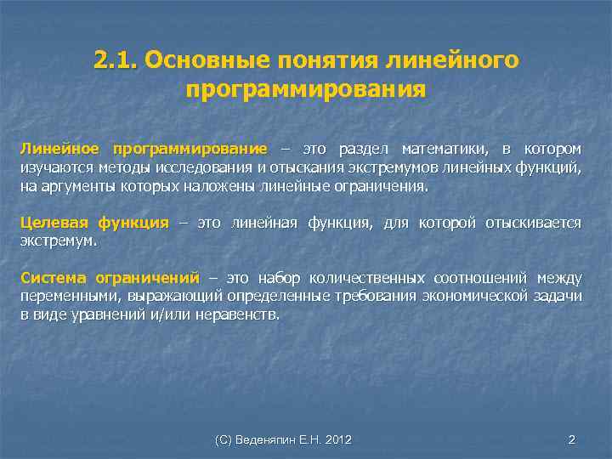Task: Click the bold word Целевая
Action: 54,224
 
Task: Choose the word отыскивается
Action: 534,224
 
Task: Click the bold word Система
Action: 50,278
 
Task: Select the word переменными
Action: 71,296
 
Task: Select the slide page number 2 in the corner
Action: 572,439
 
